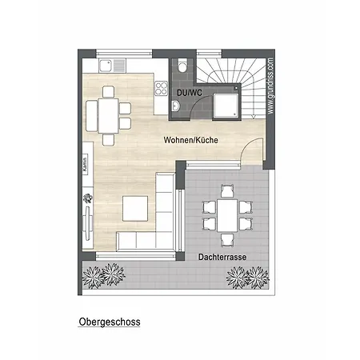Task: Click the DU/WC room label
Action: click(190, 93)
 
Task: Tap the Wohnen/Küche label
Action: click(191, 140)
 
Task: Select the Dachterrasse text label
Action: click(222, 257)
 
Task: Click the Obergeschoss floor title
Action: click(110, 322)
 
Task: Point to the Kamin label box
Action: click(85, 164)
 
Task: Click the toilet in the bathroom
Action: click(183, 66)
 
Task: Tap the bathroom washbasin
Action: click(176, 106)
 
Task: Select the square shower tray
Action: click(226, 106)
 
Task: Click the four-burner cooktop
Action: click(162, 89)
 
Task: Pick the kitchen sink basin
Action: click(106, 66)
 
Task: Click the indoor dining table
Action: click(108, 116)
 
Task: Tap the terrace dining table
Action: click(227, 215)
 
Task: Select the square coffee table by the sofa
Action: click(135, 209)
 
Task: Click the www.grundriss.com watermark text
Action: click(270, 86)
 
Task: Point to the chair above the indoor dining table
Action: click(108, 92)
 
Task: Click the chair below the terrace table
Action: click(227, 240)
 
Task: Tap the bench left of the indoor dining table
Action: click(91, 116)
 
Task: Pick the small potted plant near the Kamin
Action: click(87, 198)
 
